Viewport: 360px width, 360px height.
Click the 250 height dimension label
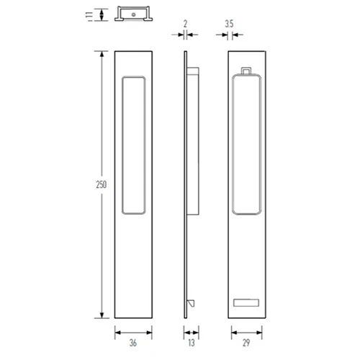[102, 184]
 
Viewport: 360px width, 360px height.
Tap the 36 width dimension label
[133, 343]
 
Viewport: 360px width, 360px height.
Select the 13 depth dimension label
[192, 343]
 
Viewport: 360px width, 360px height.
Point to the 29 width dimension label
[246, 343]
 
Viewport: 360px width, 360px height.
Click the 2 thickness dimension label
[185, 24]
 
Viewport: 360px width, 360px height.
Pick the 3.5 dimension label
[229, 24]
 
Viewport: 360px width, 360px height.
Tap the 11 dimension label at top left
[89, 14]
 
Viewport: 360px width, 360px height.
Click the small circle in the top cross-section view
[134, 14]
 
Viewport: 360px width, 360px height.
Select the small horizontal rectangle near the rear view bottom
[246, 302]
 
